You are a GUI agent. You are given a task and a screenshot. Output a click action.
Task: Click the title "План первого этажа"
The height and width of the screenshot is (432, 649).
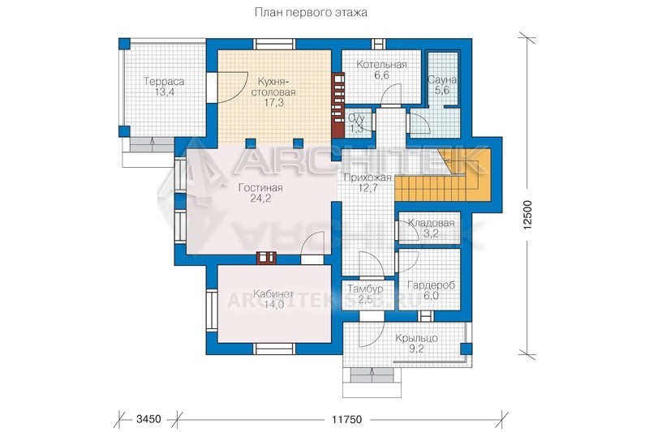click(x=311, y=13)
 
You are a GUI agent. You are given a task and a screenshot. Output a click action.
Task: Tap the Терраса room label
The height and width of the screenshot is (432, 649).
click(x=164, y=81)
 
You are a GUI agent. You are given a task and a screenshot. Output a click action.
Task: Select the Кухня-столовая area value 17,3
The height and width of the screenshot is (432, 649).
click(x=274, y=102)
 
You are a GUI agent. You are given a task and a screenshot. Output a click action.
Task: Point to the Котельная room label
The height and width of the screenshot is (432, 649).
click(x=381, y=65)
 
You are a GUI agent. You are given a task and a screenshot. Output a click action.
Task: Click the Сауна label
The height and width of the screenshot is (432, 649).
click(x=442, y=79)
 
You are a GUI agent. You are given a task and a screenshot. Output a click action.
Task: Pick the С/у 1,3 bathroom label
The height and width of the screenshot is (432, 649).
click(x=355, y=123)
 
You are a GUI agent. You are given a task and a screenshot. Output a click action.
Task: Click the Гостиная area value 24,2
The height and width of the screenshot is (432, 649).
click(x=260, y=199)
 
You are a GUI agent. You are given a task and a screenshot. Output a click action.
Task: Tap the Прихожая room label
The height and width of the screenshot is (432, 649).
click(x=367, y=178)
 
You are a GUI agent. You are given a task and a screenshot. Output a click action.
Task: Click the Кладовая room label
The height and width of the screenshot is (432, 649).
click(x=431, y=223)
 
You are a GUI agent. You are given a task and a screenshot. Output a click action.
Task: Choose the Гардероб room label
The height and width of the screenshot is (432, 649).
click(x=431, y=285)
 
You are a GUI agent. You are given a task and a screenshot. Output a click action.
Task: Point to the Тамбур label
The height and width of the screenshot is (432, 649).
click(x=365, y=289)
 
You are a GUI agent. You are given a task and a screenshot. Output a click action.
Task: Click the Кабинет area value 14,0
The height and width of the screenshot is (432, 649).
click(x=274, y=305)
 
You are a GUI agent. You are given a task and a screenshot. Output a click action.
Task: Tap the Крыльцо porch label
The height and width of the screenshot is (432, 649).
click(x=416, y=338)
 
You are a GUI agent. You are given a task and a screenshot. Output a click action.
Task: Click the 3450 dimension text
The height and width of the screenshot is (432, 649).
click(x=148, y=419)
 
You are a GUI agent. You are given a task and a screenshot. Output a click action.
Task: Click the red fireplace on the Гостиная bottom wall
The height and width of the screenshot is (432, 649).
click(x=265, y=258)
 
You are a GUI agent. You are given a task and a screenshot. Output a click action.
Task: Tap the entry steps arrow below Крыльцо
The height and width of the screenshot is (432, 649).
click(x=372, y=375)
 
